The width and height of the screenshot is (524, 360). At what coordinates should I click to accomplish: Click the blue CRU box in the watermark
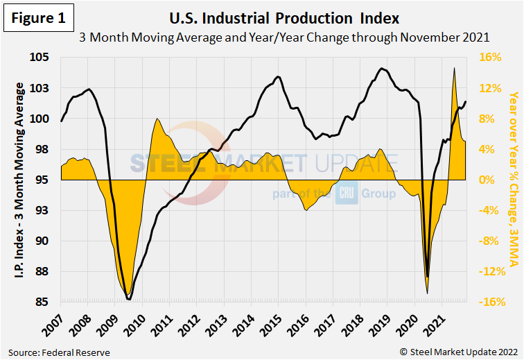coord(346,194)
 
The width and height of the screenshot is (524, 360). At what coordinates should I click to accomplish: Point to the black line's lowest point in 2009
coord(129,300)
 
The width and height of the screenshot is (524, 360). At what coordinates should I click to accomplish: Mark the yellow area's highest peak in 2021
coord(454,68)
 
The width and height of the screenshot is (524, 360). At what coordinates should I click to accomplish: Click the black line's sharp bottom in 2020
coord(427,276)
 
